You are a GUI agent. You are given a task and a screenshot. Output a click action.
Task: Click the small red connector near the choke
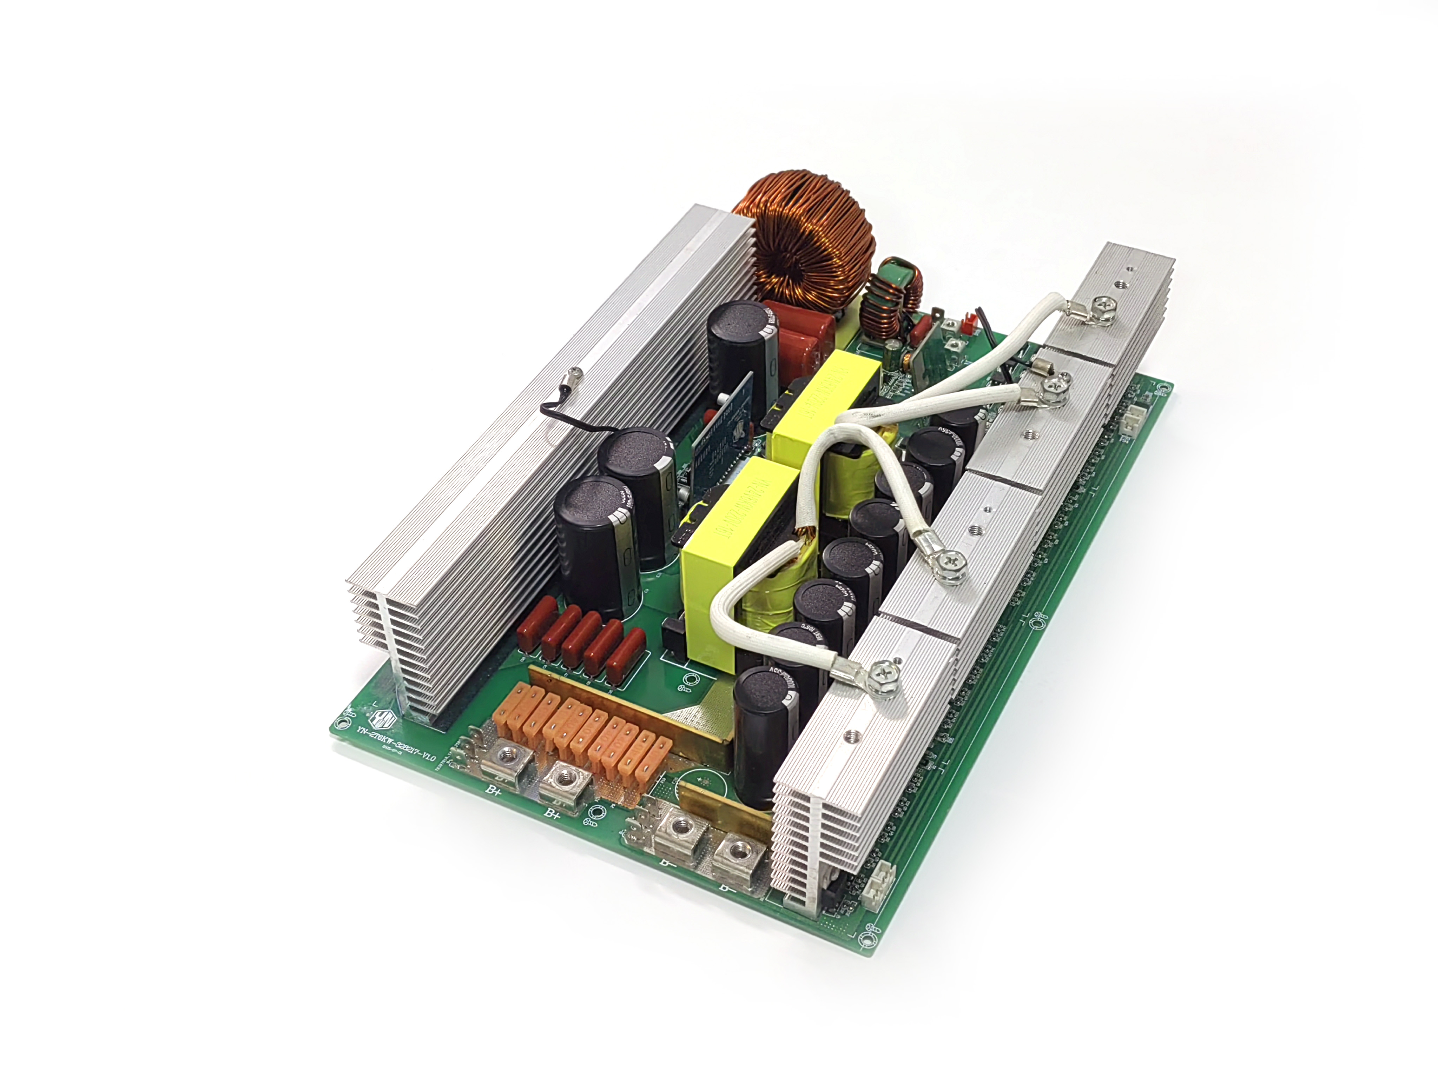pos(967,323)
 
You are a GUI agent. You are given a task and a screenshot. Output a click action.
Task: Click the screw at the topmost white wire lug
pos(1103,303)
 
